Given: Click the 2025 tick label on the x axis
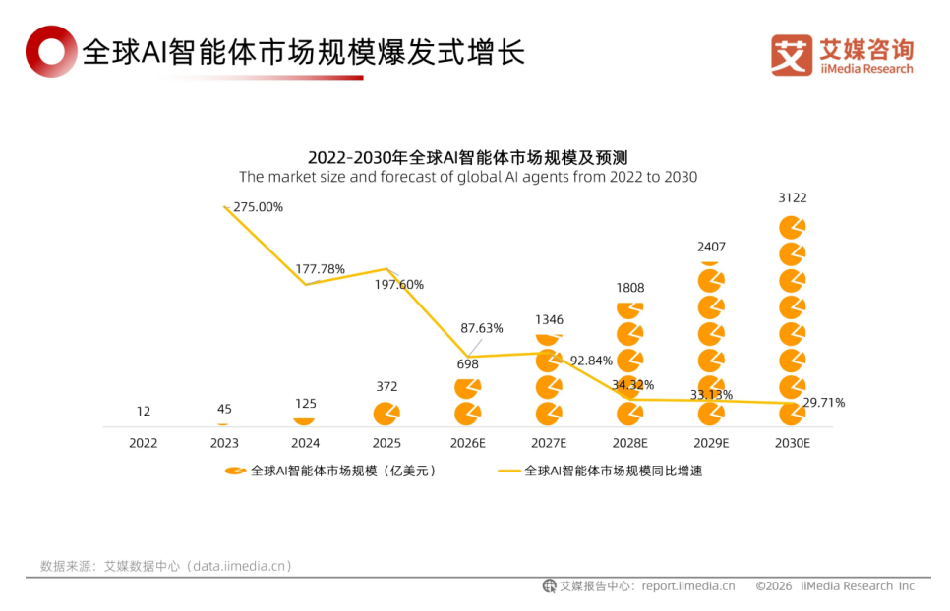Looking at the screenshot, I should [x=386, y=443].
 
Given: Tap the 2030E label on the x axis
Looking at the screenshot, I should [x=792, y=443].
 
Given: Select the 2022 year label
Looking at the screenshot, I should [x=144, y=443].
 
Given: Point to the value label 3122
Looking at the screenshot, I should [x=792, y=197].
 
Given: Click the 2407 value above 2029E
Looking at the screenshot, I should [x=711, y=247].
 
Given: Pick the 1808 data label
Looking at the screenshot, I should [x=629, y=288].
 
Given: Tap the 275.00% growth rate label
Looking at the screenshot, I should [x=259, y=207].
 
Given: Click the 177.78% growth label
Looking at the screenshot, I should [x=321, y=269].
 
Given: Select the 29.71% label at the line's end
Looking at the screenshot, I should [x=823, y=402].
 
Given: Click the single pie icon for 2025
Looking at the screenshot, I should [x=386, y=413].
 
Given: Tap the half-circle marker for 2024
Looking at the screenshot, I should [x=305, y=419].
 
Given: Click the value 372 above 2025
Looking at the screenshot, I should [x=386, y=386].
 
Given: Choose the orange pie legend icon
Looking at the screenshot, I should [x=235, y=471].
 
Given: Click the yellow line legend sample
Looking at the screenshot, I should [x=509, y=471].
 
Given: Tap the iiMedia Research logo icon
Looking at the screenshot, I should [x=792, y=56].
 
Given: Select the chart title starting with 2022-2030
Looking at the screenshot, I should [x=467, y=157].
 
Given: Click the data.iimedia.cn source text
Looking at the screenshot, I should [x=241, y=566].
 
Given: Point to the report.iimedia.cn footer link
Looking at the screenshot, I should [x=688, y=586].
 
